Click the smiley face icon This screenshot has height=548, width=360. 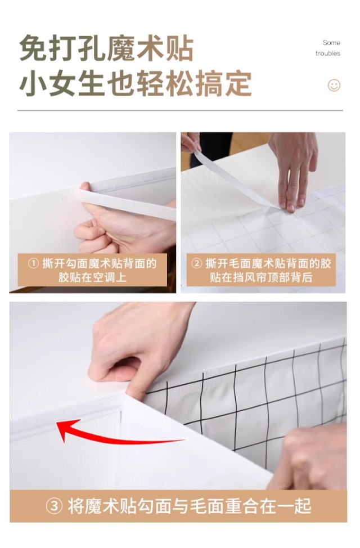[x=334, y=86]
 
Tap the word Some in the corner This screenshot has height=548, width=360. [x=331, y=43]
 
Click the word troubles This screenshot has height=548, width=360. [x=328, y=53]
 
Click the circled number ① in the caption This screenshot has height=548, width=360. [x=33, y=263]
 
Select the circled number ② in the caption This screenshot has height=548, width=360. [x=196, y=263]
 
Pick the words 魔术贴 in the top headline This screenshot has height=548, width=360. [x=150, y=48]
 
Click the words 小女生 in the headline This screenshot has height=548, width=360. [x=61, y=83]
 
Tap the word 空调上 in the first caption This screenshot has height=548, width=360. [x=109, y=277]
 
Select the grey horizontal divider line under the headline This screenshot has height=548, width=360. [x=180, y=110]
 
